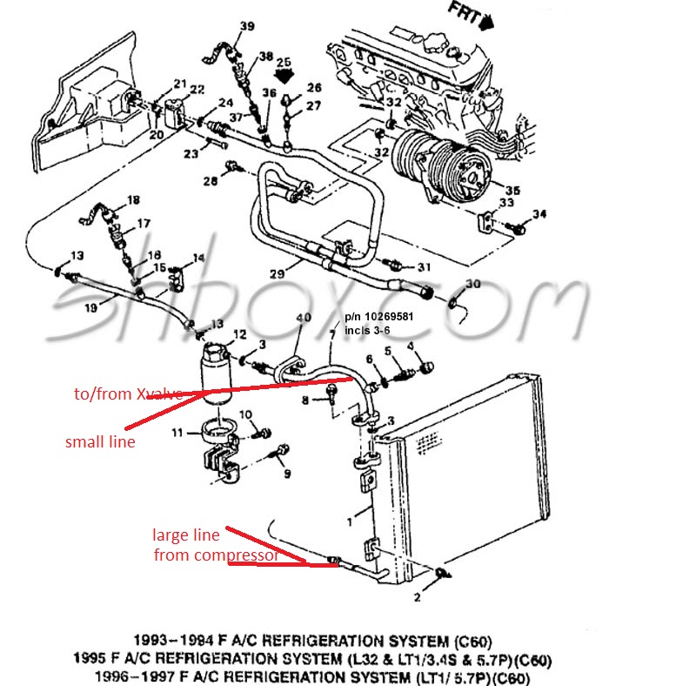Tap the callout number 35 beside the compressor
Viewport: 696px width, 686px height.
click(512, 189)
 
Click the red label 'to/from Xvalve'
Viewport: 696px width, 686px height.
click(128, 394)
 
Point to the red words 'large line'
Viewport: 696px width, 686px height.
click(185, 535)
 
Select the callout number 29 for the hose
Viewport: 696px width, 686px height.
click(276, 273)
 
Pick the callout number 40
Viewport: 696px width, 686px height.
click(304, 318)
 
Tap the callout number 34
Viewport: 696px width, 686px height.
click(539, 214)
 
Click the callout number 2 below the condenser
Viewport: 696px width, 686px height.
click(417, 598)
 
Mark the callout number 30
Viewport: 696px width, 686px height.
click(472, 284)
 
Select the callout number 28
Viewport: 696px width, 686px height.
click(210, 180)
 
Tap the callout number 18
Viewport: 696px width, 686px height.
click(132, 200)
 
